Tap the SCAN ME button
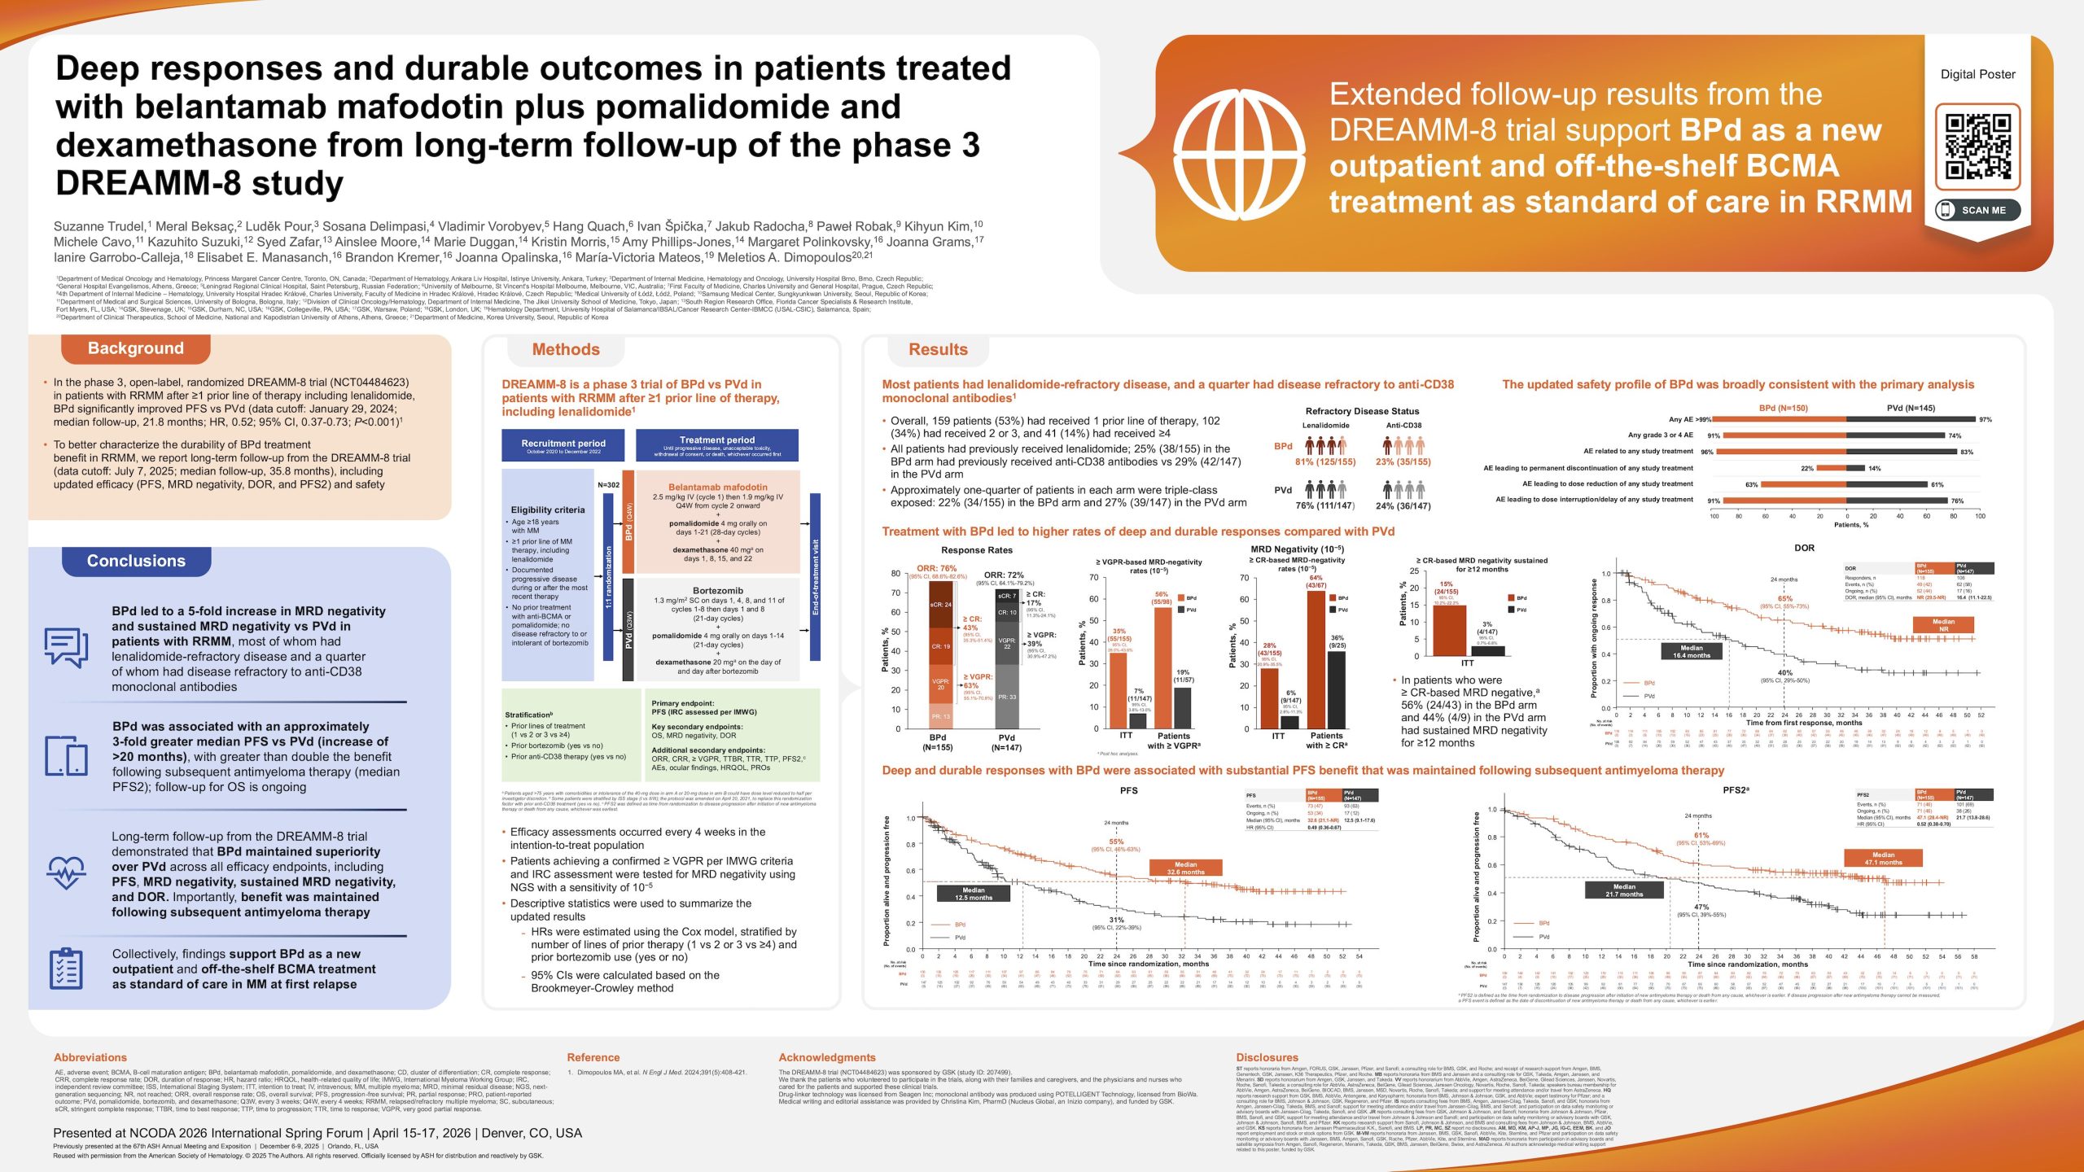coord(1977,210)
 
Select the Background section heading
coord(135,348)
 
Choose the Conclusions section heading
coord(136,561)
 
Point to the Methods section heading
coord(566,349)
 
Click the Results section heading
coord(938,349)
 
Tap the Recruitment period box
coord(563,446)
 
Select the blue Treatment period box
coord(717,445)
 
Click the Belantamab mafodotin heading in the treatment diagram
coord(717,487)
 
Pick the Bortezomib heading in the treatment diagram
coord(717,590)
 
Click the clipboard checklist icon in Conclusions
coord(65,969)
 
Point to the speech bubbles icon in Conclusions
coord(66,647)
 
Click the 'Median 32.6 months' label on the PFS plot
coord(1185,868)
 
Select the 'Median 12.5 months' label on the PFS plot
coord(974,894)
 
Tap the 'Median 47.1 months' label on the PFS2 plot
coord(1883,859)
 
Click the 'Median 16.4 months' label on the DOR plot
coord(1691,651)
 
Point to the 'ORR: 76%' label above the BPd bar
coord(936,568)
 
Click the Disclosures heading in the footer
coord(1267,1057)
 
